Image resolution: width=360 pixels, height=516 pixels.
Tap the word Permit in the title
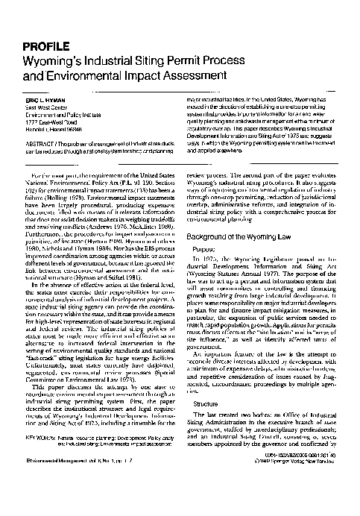pos(202,57)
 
